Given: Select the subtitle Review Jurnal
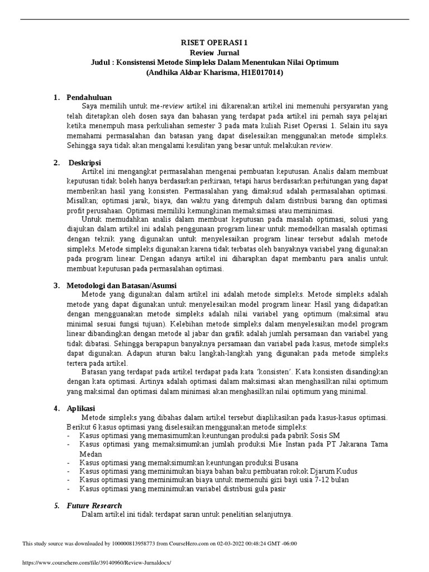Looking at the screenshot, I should pyautogui.click(x=214, y=53).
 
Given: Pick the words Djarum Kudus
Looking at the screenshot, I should pyautogui.click(x=333, y=471).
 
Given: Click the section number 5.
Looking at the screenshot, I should pyautogui.click(x=56, y=506).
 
